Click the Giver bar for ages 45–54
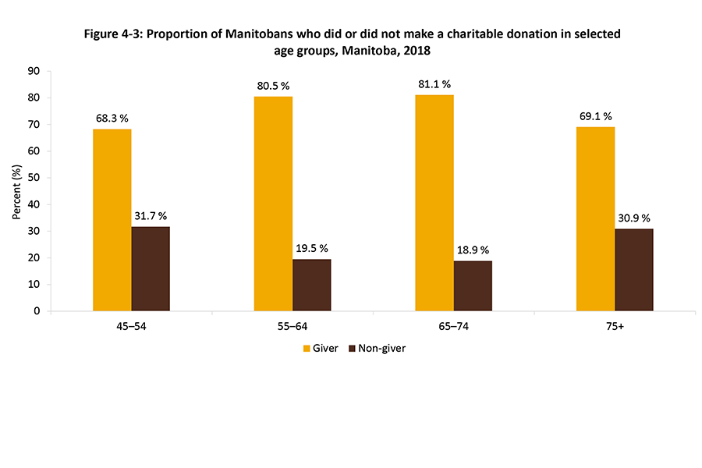(x=112, y=220)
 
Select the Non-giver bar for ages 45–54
(x=151, y=268)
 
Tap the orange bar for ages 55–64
(x=273, y=204)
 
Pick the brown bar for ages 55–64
(x=311, y=285)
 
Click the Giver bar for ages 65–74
(x=434, y=203)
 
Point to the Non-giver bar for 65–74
(x=473, y=285)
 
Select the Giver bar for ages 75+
(x=595, y=219)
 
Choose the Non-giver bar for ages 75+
(x=634, y=270)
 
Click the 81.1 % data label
(x=435, y=84)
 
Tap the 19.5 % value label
(x=312, y=249)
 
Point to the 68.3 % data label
(x=112, y=119)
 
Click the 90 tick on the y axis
(x=35, y=71)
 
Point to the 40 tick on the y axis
(x=35, y=204)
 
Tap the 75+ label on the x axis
(x=615, y=327)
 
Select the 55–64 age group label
(x=292, y=327)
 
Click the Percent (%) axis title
(x=17, y=191)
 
